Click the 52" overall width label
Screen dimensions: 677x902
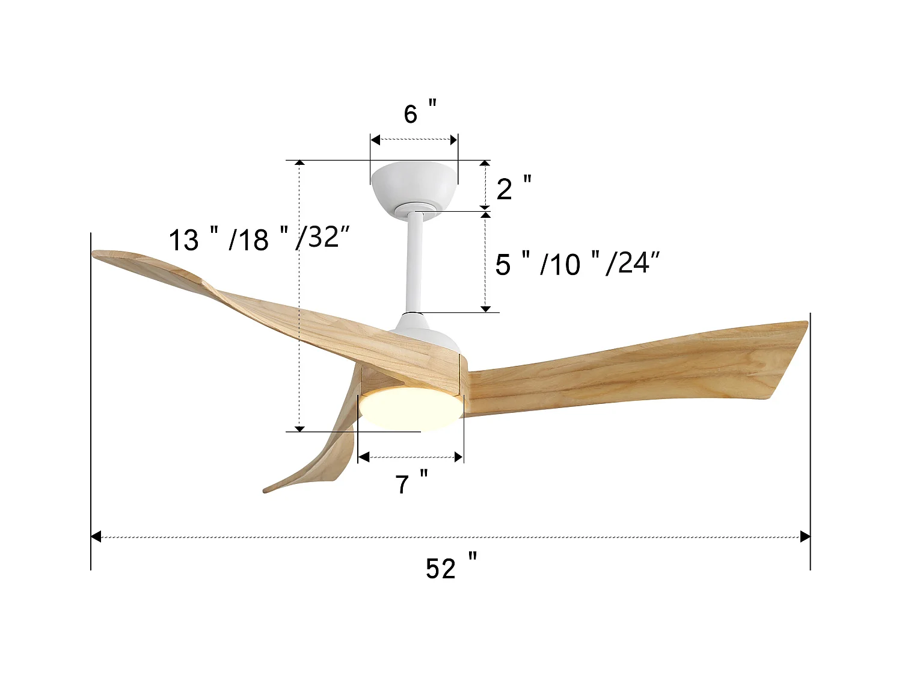[450, 567]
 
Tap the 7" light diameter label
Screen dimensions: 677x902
[411, 483]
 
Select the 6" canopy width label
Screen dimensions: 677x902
[420, 113]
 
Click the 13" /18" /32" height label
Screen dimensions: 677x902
[259, 239]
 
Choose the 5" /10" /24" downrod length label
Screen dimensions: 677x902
[577, 264]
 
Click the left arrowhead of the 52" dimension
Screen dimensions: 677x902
[96, 537]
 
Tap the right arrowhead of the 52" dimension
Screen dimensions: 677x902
[805, 537]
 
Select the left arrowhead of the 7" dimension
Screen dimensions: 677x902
[363, 457]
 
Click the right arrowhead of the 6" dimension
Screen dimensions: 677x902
[453, 140]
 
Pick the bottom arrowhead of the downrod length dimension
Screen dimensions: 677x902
[486, 309]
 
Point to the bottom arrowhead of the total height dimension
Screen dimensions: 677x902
[299, 428]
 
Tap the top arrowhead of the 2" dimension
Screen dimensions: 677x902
[486, 164]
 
